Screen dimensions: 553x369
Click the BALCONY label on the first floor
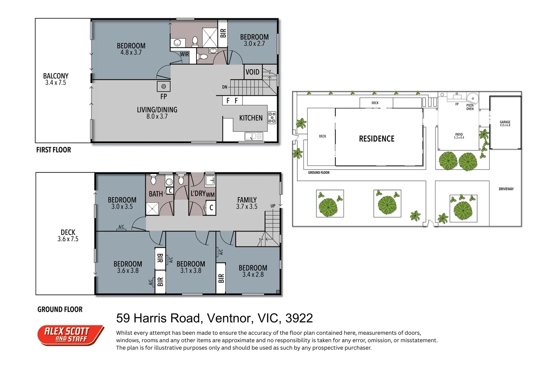pyautogui.click(x=56, y=76)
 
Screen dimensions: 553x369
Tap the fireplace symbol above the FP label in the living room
pyautogui.click(x=164, y=86)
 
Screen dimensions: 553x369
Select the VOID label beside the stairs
pyautogui.click(x=252, y=72)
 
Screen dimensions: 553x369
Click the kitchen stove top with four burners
pyautogui.click(x=272, y=118)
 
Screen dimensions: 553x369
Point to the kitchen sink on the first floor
pyautogui.click(x=254, y=136)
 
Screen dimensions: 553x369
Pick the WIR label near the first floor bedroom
pyautogui.click(x=184, y=54)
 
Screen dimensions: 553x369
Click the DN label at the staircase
pyautogui.click(x=224, y=87)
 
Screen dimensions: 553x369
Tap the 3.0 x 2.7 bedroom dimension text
pyautogui.click(x=254, y=44)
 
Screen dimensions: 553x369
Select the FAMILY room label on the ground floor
pyautogui.click(x=247, y=200)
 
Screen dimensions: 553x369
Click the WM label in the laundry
pyautogui.click(x=210, y=195)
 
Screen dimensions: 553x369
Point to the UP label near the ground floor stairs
pyautogui.click(x=273, y=206)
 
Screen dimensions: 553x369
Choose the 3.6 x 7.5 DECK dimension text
pyautogui.click(x=68, y=239)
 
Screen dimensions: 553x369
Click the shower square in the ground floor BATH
pyautogui.click(x=152, y=209)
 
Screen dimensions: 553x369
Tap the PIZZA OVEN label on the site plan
pyautogui.click(x=470, y=107)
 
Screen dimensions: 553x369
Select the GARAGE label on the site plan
pyautogui.click(x=505, y=122)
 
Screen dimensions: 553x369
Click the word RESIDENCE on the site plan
pyautogui.click(x=377, y=139)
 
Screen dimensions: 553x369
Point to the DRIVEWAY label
pyautogui.click(x=506, y=189)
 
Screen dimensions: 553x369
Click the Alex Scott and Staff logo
pyautogui.click(x=71, y=336)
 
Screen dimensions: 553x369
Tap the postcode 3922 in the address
pyautogui.click(x=299, y=318)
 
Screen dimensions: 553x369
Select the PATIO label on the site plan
pyautogui.click(x=459, y=135)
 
